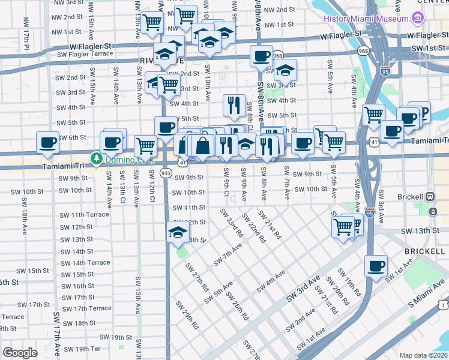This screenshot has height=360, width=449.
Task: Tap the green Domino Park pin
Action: (96, 158)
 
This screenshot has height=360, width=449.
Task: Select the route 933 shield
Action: (166, 173)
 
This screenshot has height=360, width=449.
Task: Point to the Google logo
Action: (20, 353)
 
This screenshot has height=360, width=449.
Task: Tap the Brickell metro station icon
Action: (430, 196)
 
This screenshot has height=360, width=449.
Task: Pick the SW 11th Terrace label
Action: (84, 214)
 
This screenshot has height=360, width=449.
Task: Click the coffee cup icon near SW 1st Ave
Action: (376, 265)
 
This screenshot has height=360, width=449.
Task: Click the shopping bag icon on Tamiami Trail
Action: (203, 145)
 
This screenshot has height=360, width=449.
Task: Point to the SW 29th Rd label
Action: (187, 313)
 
